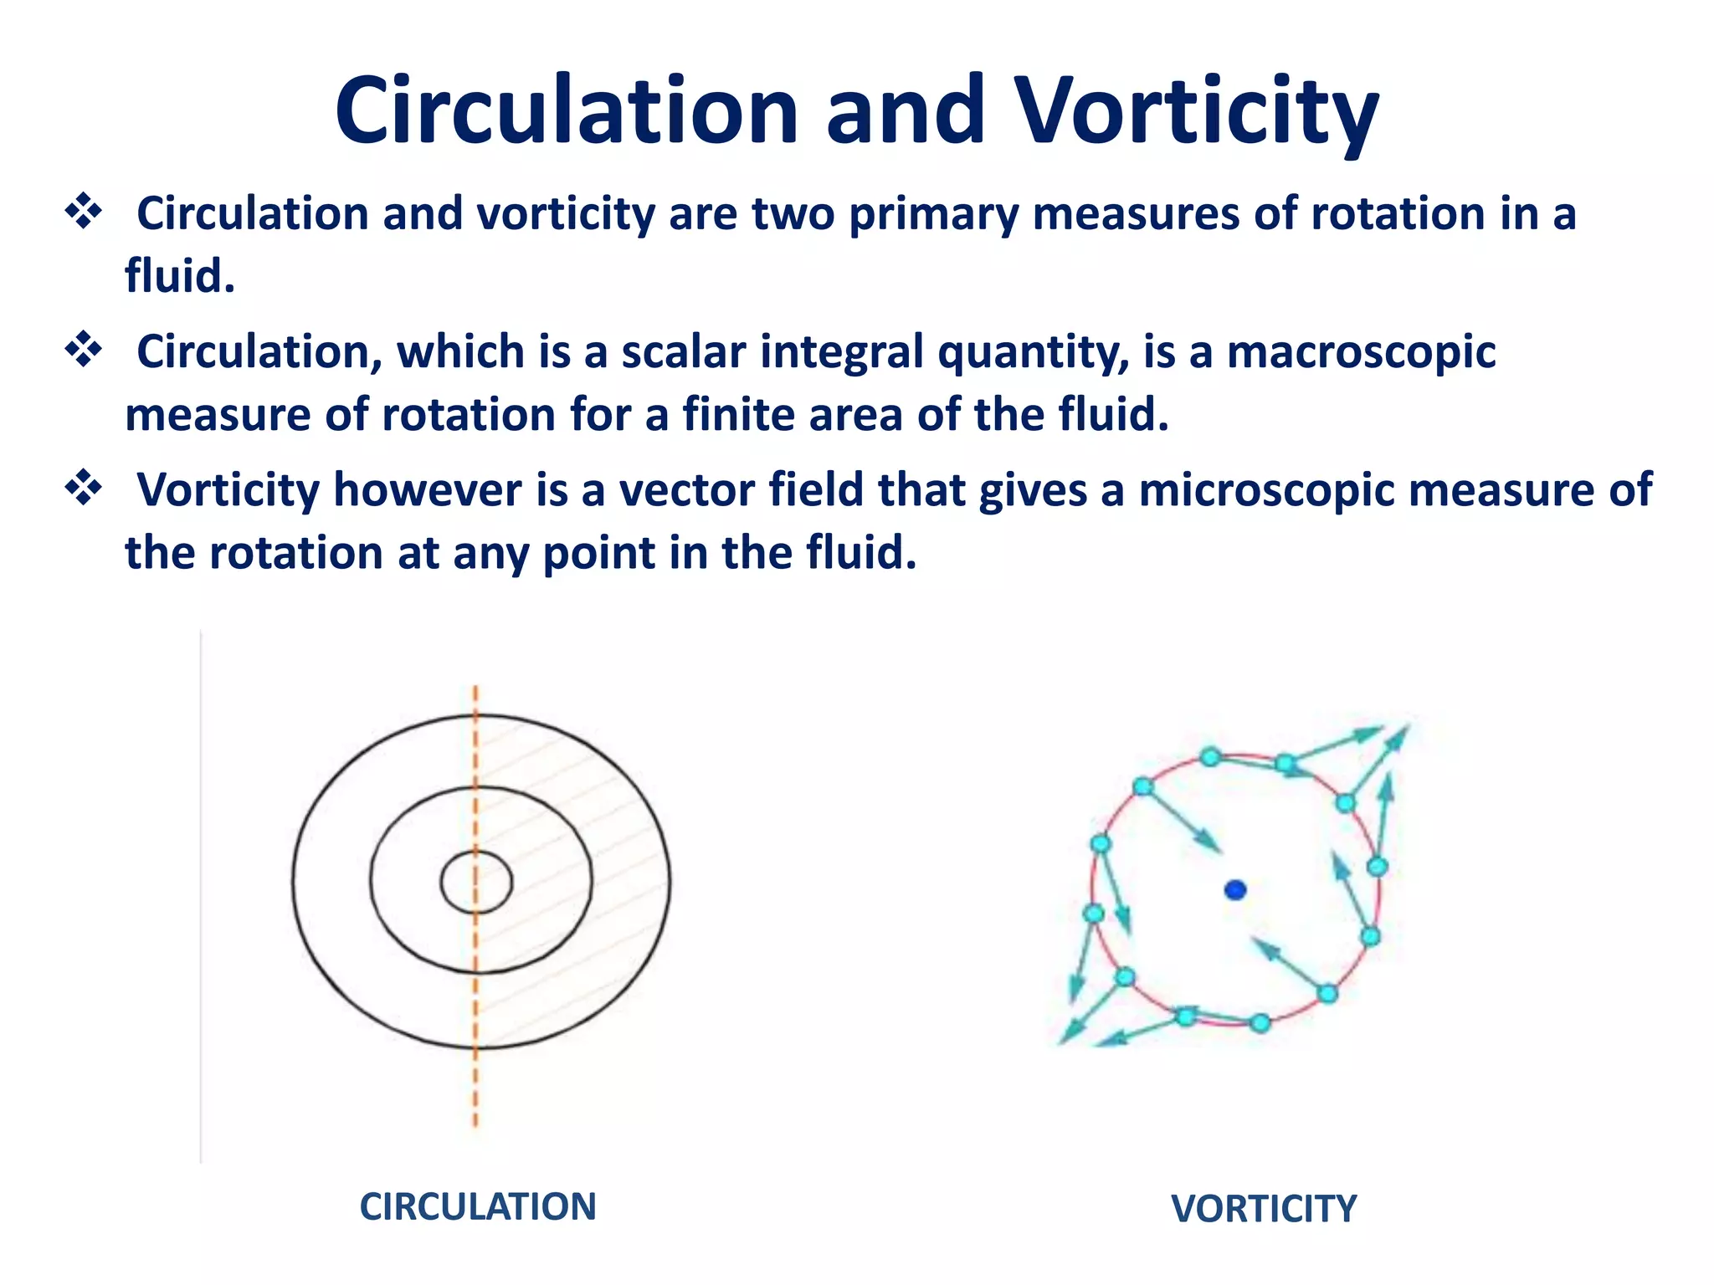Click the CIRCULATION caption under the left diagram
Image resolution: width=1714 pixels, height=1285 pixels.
coord(478,1207)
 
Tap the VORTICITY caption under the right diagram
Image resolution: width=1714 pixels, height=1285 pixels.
coord(1264,1210)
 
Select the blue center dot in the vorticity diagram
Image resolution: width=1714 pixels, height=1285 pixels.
coord(1235,890)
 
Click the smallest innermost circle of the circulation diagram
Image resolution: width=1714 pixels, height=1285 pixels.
coord(476,882)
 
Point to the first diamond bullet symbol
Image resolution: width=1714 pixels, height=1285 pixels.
coord(84,211)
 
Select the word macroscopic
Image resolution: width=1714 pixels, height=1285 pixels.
coord(1362,352)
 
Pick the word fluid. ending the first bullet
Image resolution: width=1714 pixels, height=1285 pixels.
coord(180,277)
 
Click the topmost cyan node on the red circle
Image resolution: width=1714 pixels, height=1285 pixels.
coord(1210,757)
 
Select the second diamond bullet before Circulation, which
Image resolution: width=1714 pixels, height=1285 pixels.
coord(84,349)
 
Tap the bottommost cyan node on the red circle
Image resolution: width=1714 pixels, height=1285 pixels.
coord(1260,1023)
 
